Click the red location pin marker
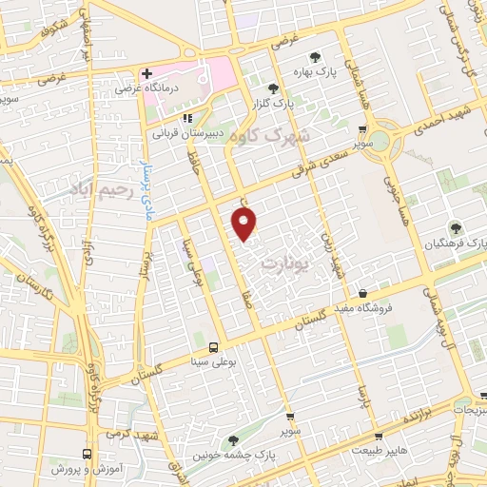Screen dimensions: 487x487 pyautogui.click(x=244, y=224)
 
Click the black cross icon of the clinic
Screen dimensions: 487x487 pyautogui.click(x=146, y=74)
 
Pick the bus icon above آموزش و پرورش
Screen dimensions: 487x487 pyautogui.click(x=88, y=455)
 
